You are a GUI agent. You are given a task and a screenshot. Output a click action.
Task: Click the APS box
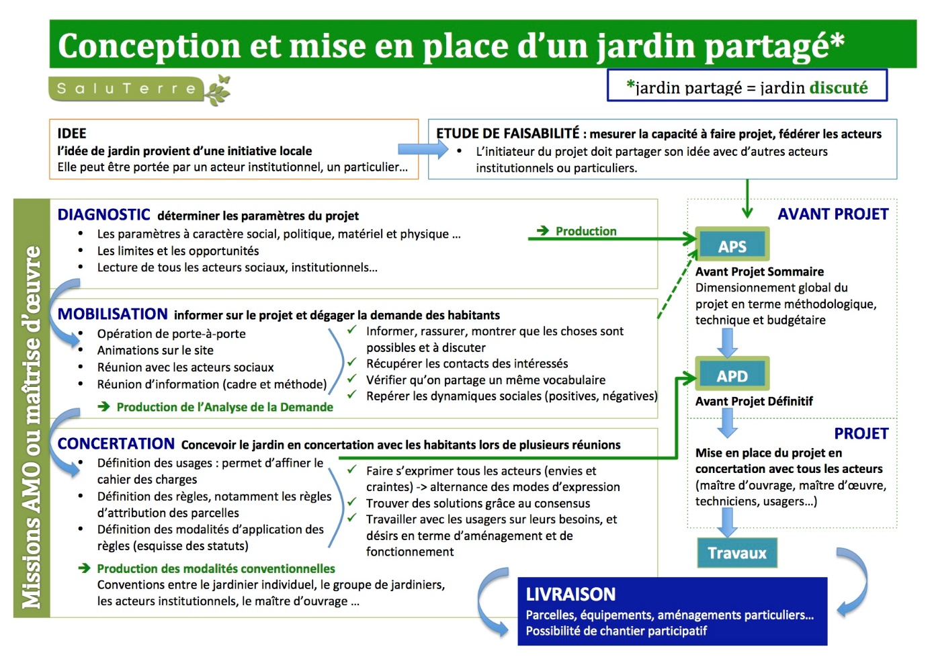tap(732, 246)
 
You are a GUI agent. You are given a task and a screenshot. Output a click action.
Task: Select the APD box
tap(732, 376)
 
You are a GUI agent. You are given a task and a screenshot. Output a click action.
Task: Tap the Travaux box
tap(736, 553)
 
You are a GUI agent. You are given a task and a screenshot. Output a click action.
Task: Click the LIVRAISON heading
tap(570, 594)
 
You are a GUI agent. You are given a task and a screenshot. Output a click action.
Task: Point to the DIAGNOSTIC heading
tap(103, 215)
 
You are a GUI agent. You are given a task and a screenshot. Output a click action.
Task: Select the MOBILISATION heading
tap(112, 314)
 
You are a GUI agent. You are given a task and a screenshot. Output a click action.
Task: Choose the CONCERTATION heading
tap(116, 443)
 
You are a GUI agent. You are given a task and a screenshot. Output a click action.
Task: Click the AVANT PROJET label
tap(833, 214)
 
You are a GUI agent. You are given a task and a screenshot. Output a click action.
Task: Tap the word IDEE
tap(72, 133)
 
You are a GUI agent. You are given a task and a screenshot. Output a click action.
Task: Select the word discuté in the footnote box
tap(839, 87)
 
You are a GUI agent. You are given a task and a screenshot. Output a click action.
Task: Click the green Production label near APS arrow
tap(585, 231)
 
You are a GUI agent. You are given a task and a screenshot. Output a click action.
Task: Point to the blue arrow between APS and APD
tap(727, 343)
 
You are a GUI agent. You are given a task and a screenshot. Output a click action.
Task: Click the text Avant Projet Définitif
tap(754, 401)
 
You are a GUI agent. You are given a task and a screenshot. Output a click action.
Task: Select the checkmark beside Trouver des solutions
tap(351, 502)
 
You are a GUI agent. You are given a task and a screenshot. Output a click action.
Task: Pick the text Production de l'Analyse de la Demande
tap(224, 406)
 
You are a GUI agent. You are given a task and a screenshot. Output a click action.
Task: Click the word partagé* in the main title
tap(774, 46)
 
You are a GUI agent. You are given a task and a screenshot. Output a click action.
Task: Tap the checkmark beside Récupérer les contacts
tap(351, 362)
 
